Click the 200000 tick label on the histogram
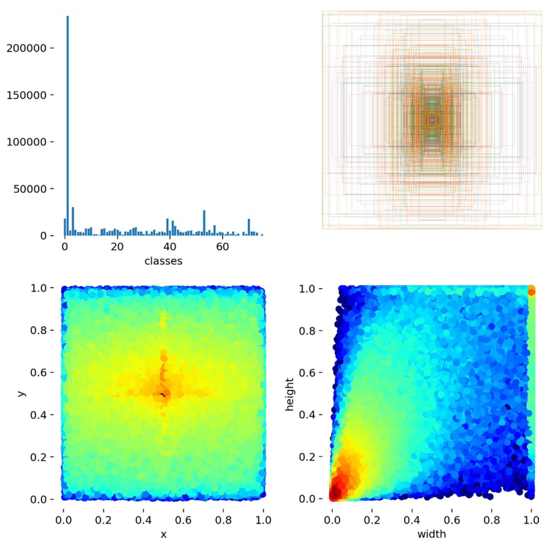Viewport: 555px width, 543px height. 26,48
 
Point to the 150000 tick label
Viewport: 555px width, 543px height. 26,95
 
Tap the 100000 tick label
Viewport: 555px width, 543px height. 26,142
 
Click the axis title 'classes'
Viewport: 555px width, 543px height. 163,261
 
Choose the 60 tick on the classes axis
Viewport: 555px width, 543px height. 222,246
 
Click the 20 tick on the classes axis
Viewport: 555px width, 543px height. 117,246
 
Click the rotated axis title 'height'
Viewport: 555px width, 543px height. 289,394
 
